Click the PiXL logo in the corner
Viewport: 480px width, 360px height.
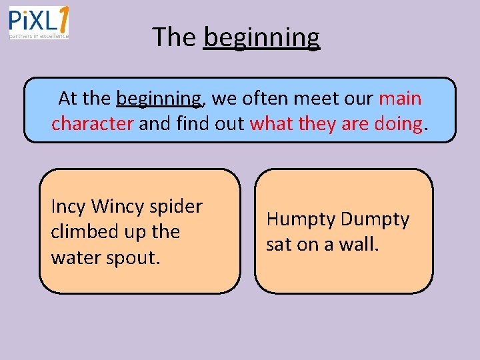(x=39, y=23)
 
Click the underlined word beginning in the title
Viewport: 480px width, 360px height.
(x=262, y=37)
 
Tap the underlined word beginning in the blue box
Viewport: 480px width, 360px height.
(x=158, y=99)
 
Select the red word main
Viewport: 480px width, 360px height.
(x=400, y=99)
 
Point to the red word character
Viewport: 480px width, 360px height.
(x=92, y=123)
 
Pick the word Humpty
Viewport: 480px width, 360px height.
(x=300, y=219)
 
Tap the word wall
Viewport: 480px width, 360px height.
(x=359, y=245)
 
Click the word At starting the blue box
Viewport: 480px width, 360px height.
(x=68, y=99)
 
